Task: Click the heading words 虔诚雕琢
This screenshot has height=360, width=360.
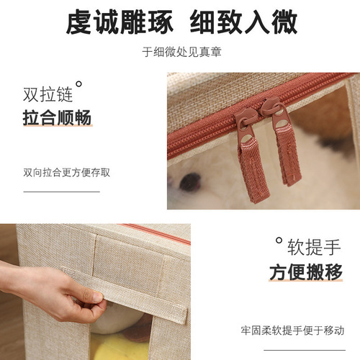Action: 119,23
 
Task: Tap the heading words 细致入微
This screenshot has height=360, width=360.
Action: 243,23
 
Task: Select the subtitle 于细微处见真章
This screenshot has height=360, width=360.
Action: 180,52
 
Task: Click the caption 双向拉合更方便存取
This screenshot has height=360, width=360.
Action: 66,173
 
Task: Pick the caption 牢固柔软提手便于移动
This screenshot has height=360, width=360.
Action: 292,330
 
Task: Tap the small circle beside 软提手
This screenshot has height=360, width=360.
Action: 278,241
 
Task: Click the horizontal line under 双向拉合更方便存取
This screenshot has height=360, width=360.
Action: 61,192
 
